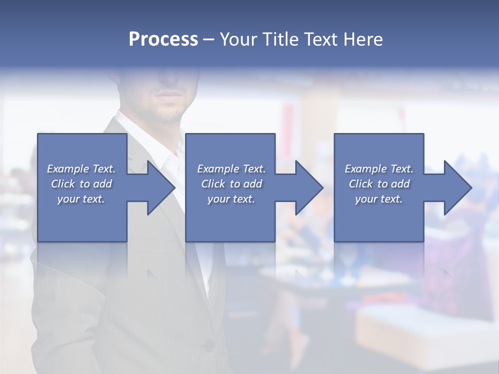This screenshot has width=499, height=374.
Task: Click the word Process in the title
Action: click(163, 39)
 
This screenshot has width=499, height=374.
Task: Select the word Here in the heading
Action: click(363, 39)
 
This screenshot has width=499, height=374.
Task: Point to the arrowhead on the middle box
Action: click(306, 188)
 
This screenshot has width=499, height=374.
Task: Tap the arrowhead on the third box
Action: click(455, 188)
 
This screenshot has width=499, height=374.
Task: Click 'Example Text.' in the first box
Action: click(82, 169)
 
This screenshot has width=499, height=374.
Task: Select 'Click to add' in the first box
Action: click(82, 184)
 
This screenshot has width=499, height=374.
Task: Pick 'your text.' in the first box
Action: click(82, 199)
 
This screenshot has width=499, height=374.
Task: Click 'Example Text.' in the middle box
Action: click(231, 169)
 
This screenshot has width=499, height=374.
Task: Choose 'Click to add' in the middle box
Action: click(231, 184)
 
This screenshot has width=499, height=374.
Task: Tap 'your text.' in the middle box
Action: click(231, 199)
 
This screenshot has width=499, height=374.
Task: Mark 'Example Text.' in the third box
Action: click(379, 169)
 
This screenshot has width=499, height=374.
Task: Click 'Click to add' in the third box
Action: click(379, 184)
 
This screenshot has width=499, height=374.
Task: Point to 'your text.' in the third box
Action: click(379, 199)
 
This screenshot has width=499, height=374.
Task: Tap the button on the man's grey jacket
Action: click(208, 344)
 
